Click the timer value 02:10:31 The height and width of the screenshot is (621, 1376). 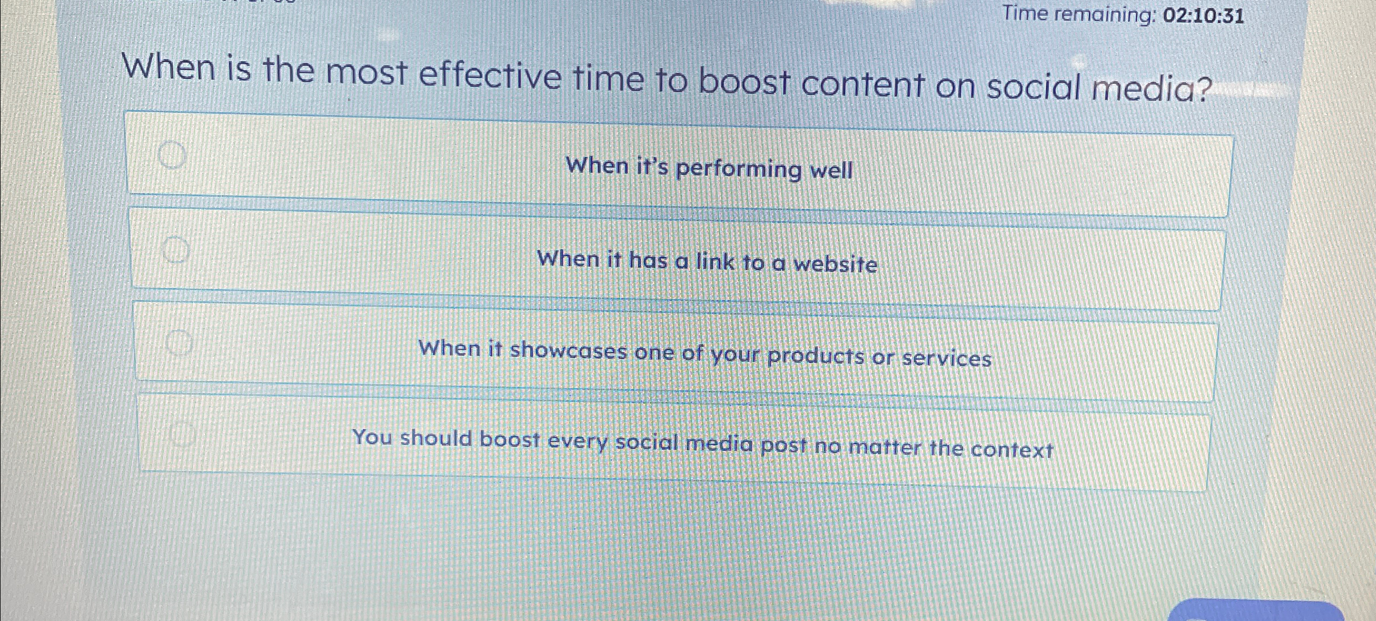pos(1203,16)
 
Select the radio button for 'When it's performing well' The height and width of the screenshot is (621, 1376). pos(172,154)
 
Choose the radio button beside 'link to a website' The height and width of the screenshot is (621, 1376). pos(176,249)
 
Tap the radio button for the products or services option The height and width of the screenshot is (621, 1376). pos(179,341)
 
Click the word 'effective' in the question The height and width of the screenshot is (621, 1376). pos(489,77)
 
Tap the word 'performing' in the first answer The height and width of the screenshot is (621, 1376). pos(738,169)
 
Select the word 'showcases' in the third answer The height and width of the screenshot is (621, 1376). pos(568,351)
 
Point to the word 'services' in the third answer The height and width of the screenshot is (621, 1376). pos(946,358)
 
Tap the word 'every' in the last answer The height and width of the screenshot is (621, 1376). pos(577,441)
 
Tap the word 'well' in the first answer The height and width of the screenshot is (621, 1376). pos(831,171)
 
